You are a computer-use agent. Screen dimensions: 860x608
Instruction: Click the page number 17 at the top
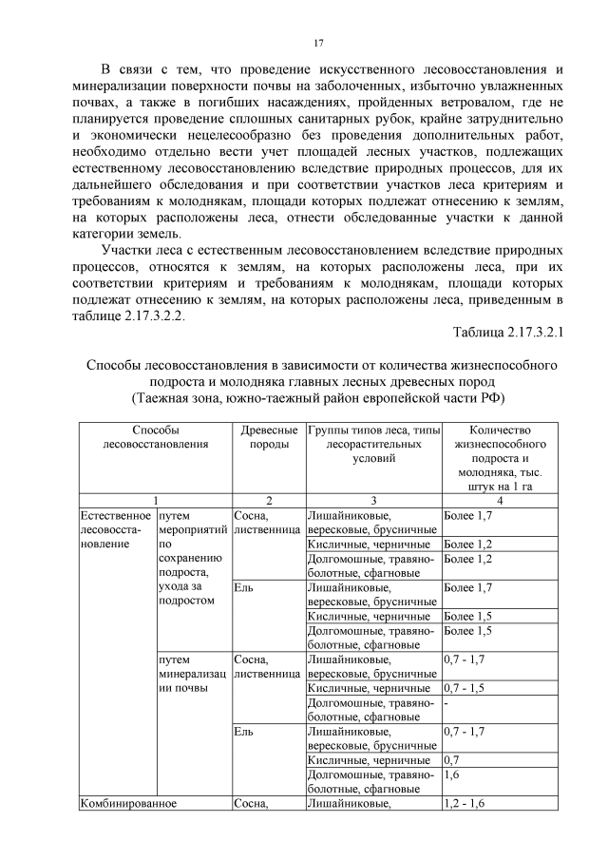pos(320,43)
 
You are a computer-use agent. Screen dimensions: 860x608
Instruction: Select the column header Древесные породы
pos(268,438)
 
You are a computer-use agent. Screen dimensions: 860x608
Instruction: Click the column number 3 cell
pos(373,500)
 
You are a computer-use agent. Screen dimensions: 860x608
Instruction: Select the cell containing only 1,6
pos(452,774)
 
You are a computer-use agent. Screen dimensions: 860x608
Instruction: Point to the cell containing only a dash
pos(446,703)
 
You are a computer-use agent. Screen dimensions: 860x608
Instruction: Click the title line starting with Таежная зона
pos(320,397)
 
